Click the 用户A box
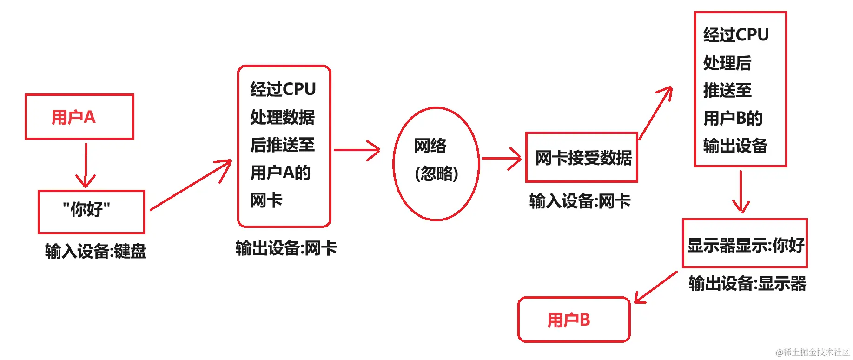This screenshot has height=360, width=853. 79,117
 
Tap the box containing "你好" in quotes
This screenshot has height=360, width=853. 92,212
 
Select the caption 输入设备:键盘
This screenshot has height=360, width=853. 96,252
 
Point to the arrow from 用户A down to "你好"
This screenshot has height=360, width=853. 86,165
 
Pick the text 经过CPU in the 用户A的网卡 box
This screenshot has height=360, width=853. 283,89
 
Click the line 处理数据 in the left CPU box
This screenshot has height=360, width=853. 282,117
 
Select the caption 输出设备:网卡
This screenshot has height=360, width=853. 286,248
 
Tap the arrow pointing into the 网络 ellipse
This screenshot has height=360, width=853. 357,150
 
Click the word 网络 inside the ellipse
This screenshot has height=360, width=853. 430,146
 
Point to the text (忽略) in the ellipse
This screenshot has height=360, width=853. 436,174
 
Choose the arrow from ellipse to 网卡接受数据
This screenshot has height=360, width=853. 501,159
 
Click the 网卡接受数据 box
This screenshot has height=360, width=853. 582,158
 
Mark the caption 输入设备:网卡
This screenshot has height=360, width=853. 580,201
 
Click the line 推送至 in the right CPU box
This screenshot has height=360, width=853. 727,90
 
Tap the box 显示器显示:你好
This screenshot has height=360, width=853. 745,244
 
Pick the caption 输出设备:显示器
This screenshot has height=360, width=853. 747,283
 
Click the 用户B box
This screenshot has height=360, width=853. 574,320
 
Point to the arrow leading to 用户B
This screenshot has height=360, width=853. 655,287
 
